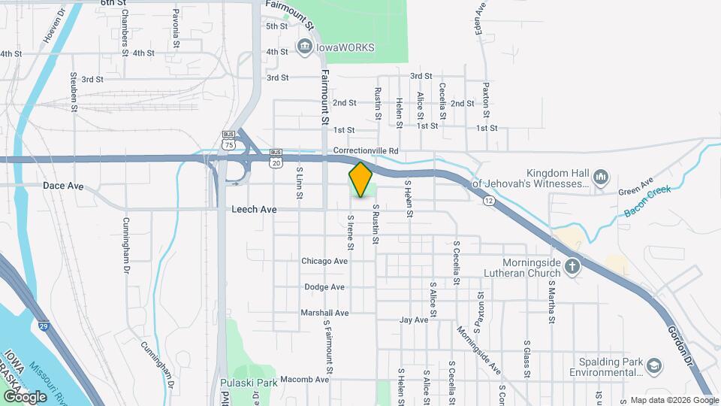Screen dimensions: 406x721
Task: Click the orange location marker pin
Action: (360, 179)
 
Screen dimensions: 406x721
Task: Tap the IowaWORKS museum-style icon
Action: (305, 47)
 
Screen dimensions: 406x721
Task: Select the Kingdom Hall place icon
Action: (600, 177)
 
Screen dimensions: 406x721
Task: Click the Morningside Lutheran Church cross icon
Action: (572, 265)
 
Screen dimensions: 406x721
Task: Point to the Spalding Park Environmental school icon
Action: (654, 365)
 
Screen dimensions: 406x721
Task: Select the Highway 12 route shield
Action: (489, 201)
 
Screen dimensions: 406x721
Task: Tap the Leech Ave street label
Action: (254, 209)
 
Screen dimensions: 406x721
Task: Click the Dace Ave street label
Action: (63, 185)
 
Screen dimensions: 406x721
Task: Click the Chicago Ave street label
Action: (324, 261)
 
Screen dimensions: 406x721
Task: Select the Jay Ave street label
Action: (414, 320)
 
